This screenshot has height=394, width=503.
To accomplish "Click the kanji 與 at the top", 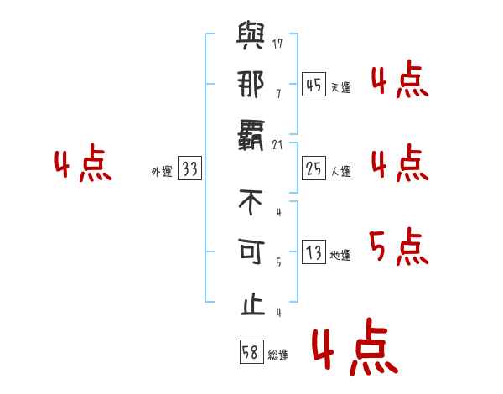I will [251, 37].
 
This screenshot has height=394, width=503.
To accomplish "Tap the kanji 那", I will [251, 86].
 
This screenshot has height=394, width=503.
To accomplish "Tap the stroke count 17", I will [278, 43].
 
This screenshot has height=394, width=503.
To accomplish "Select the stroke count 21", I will [278, 146].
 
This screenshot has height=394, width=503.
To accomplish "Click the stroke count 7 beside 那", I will [278, 93].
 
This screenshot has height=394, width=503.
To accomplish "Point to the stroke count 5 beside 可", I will [278, 262].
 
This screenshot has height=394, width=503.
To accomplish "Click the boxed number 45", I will [314, 86].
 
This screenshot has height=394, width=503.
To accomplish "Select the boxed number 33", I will [189, 169].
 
